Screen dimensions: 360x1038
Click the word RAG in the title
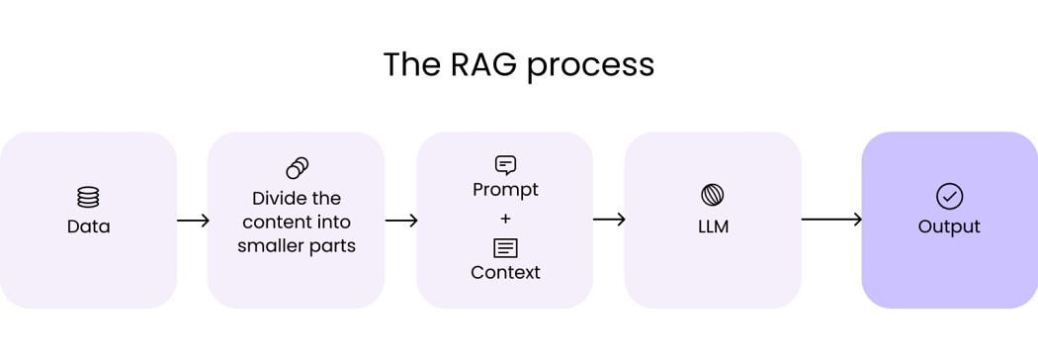click(472, 64)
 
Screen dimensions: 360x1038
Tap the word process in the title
click(590, 65)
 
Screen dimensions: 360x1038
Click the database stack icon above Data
click(88, 197)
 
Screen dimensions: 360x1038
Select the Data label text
click(88, 226)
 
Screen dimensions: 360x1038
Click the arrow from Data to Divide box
click(193, 220)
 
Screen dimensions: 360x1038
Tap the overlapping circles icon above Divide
click(297, 168)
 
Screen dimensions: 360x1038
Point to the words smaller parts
click(297, 245)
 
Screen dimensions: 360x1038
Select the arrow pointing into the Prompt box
click(401, 220)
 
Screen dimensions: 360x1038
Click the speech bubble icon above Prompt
click(505, 165)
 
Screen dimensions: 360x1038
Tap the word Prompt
click(505, 189)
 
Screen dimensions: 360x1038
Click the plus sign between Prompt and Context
click(505, 219)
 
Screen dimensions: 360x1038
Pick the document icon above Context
click(505, 247)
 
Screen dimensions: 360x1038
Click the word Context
click(505, 272)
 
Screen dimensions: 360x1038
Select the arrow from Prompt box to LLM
click(609, 220)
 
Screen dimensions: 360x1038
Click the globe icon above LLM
click(712, 195)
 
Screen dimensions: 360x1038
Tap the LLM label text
click(712, 226)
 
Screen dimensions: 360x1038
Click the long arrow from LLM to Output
click(831, 220)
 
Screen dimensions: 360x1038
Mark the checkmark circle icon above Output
click(949, 196)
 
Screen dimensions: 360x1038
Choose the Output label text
click(949, 226)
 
